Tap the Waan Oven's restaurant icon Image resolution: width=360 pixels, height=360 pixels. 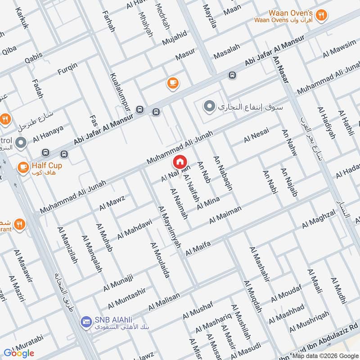tap(320, 15)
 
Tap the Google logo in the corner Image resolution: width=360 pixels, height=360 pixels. tap(19, 353)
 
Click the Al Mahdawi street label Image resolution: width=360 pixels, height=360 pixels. tap(135, 229)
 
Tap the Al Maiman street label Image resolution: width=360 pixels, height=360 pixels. tap(225, 215)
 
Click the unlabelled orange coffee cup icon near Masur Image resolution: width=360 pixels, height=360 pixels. tap(172, 82)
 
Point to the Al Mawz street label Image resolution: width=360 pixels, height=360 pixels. tap(112, 202)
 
